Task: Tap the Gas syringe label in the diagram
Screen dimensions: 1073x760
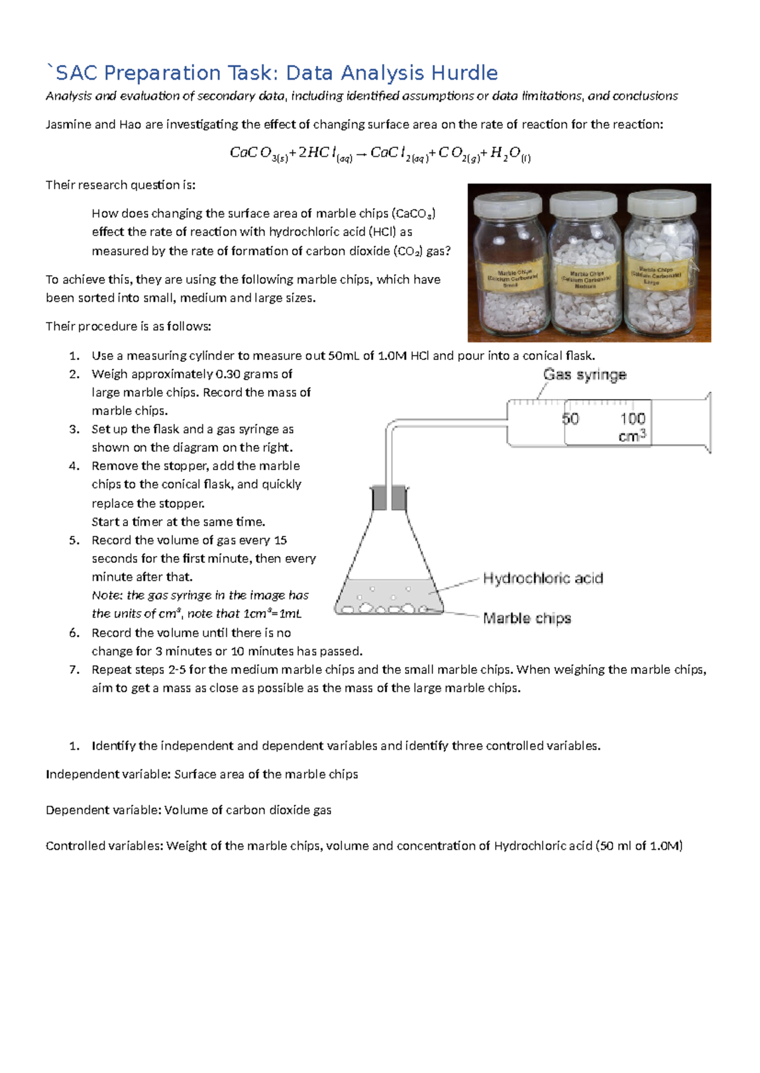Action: click(585, 375)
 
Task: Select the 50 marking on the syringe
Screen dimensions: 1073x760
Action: click(570, 419)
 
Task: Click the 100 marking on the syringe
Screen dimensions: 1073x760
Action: click(632, 419)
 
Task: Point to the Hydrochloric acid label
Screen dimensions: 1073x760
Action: click(543, 578)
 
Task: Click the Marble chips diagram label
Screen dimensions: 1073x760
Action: click(527, 618)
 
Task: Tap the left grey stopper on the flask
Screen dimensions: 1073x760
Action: click(379, 498)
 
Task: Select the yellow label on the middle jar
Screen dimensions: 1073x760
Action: click(586, 276)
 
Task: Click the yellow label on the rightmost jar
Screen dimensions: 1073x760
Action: click(657, 273)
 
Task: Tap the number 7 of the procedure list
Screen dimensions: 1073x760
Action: click(74, 669)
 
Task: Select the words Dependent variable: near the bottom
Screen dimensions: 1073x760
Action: click(103, 810)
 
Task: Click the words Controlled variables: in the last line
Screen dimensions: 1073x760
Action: click(104, 846)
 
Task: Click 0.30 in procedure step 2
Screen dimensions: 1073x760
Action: click(228, 374)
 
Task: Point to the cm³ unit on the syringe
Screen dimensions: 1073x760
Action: click(631, 437)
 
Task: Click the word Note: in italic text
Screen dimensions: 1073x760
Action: click(107, 595)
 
